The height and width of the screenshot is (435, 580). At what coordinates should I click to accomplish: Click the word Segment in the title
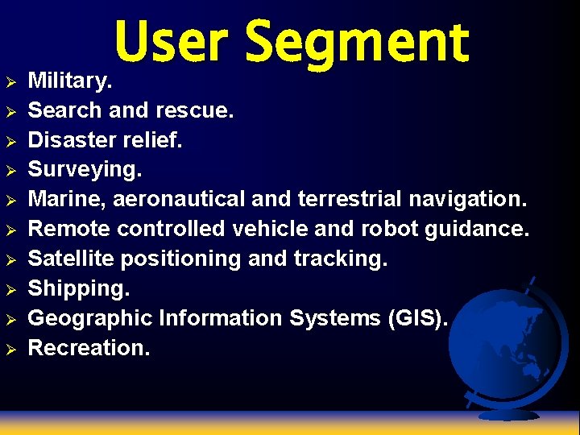point(356,44)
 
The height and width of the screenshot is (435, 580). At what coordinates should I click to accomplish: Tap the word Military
point(71,81)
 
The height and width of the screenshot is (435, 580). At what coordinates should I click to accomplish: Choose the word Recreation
point(89,348)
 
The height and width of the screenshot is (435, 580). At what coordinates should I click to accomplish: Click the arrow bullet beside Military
point(10,81)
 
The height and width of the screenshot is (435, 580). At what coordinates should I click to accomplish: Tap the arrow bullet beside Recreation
point(10,349)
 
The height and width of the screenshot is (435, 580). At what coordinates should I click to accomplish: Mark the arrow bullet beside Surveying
point(10,170)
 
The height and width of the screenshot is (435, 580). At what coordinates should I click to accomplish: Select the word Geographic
point(90,319)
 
